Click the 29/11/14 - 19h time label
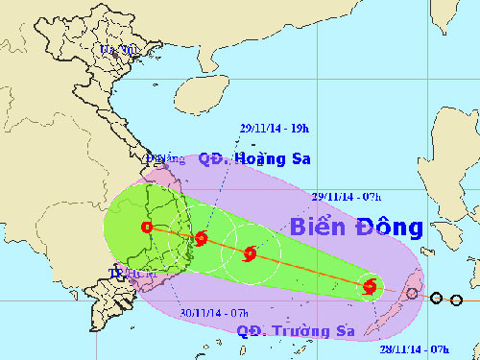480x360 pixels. (x=273, y=128)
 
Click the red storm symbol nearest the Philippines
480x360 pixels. (x=371, y=285)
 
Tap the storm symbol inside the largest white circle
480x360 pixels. (x=250, y=254)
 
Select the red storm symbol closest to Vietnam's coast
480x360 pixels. (x=201, y=239)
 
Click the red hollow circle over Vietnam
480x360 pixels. (x=146, y=228)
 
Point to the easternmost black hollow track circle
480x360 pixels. (x=456, y=300)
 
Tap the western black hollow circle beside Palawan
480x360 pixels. (x=437, y=299)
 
